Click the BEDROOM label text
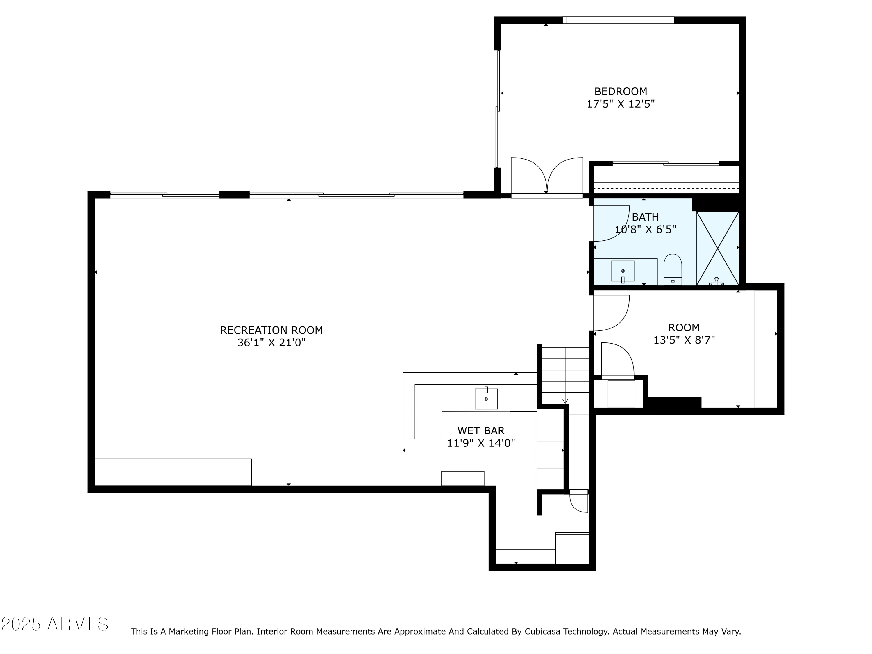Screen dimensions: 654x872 pyautogui.click(x=621, y=92)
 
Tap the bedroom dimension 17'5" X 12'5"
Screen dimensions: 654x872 pyautogui.click(x=621, y=104)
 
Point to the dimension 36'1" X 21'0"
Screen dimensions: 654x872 pyautogui.click(x=271, y=343)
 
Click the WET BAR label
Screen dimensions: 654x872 pyautogui.click(x=480, y=430)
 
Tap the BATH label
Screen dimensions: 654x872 pyautogui.click(x=645, y=217)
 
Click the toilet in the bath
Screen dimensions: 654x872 pyautogui.click(x=673, y=270)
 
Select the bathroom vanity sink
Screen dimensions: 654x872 pyautogui.click(x=623, y=271)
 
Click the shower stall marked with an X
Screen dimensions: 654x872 pyautogui.click(x=717, y=248)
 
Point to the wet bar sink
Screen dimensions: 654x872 pyautogui.click(x=486, y=399)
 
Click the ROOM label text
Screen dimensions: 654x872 pyautogui.click(x=684, y=328)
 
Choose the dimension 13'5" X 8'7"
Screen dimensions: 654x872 pyautogui.click(x=684, y=340)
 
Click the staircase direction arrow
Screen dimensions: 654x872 pyautogui.click(x=565, y=401)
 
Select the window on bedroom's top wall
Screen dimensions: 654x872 pyautogui.click(x=618, y=20)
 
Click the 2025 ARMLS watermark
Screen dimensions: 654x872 pyautogui.click(x=55, y=624)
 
